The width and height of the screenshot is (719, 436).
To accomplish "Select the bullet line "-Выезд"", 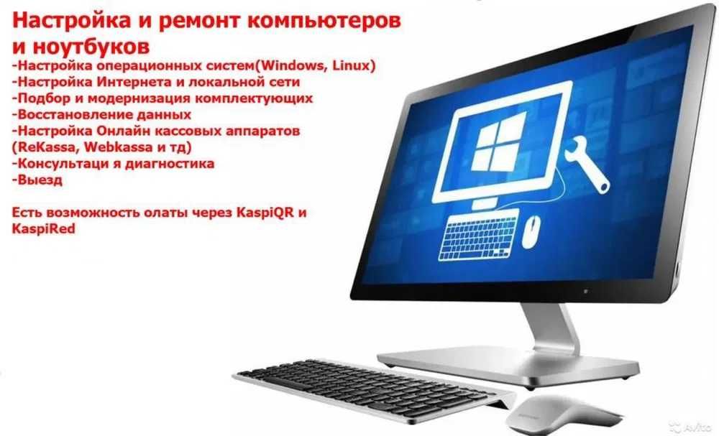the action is point(37,180).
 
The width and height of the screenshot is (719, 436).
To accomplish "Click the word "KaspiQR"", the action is point(265,213).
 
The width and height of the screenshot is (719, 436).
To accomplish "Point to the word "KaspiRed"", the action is point(44,228).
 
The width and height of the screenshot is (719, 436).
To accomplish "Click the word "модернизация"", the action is point(132,98).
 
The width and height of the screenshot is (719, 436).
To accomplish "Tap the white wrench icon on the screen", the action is point(587,163).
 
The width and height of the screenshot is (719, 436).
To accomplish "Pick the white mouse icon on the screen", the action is point(531,231).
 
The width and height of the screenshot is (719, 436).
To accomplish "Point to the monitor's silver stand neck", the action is point(550,329).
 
